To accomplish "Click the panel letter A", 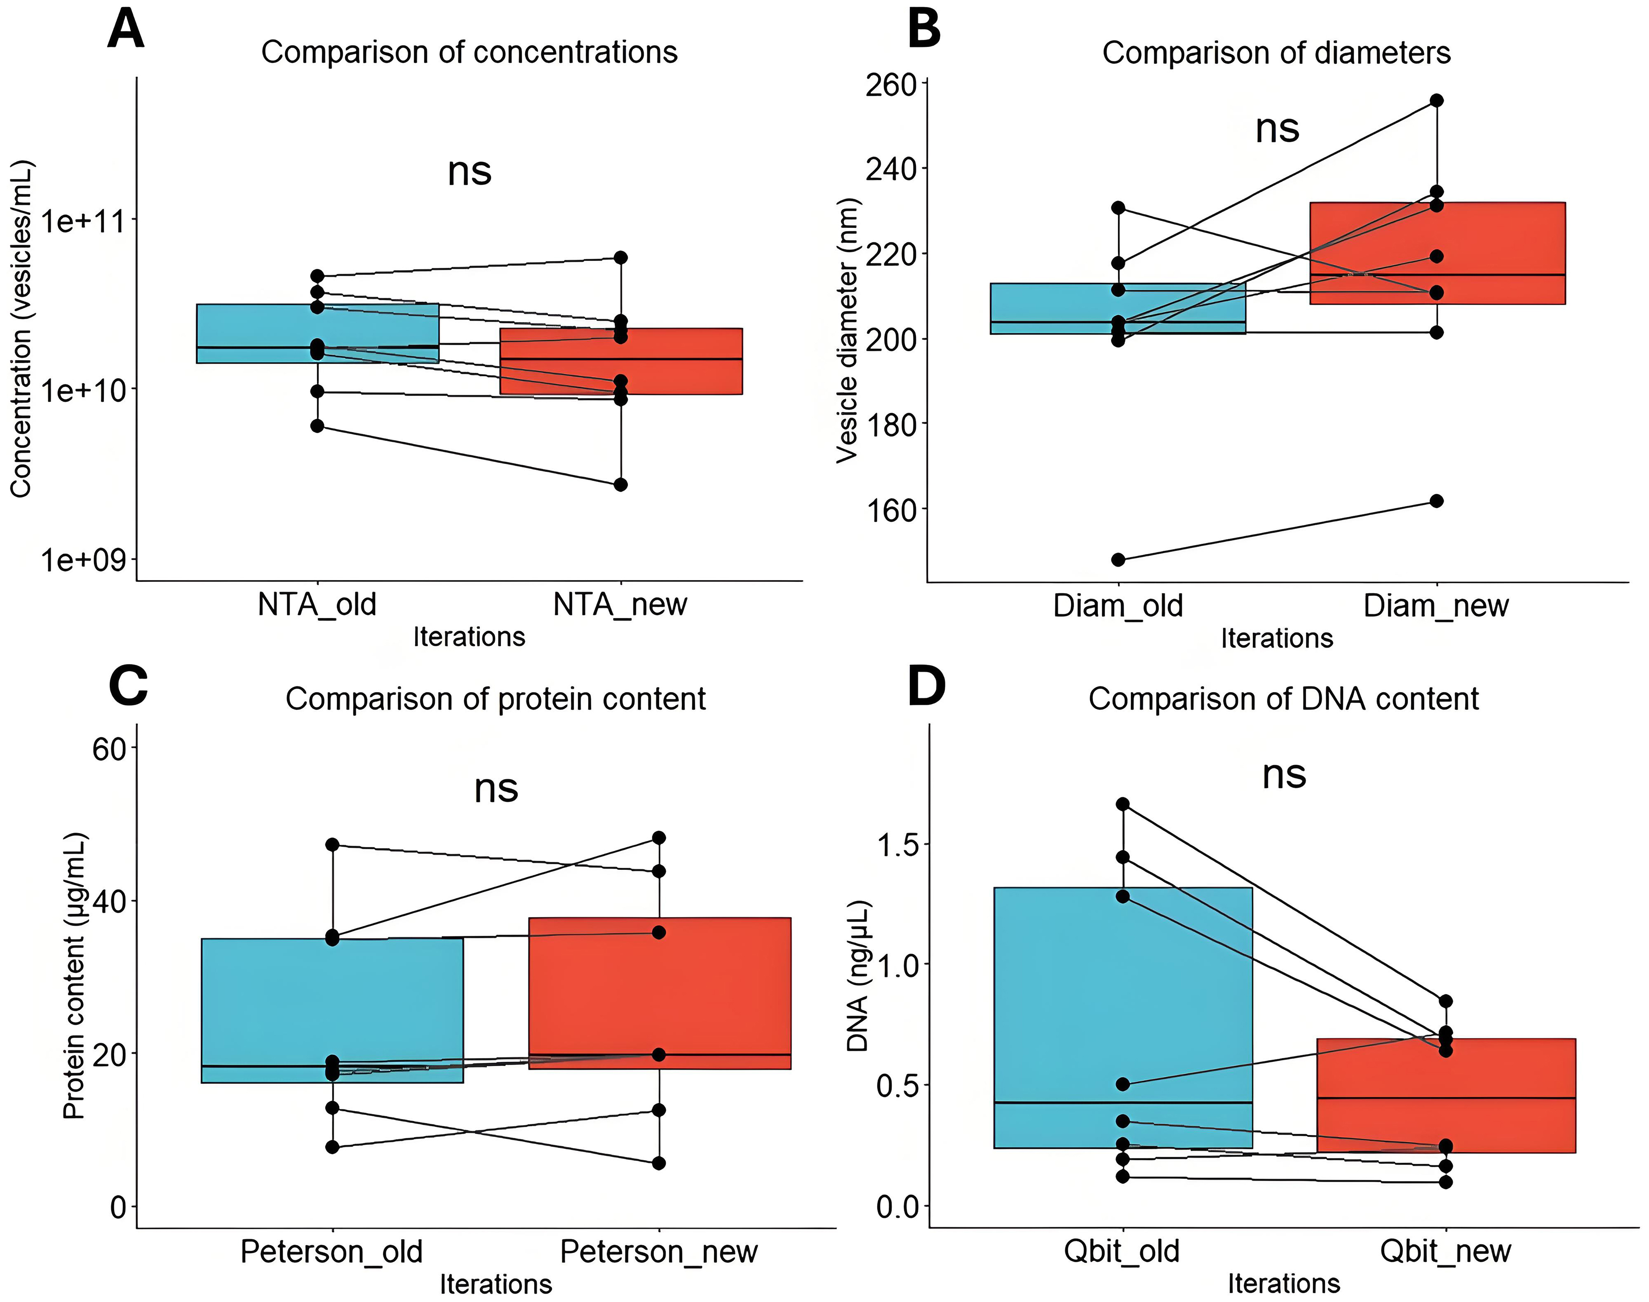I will click(126, 31).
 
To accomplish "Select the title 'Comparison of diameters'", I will click(1276, 53).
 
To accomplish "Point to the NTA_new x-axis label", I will click(619, 605).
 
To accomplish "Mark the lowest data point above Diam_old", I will click(1118, 560).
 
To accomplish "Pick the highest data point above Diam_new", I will click(1436, 100).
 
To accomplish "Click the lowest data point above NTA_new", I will click(621, 484).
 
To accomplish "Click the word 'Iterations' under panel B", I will click(1276, 638).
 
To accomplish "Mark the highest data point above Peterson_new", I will click(659, 838).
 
